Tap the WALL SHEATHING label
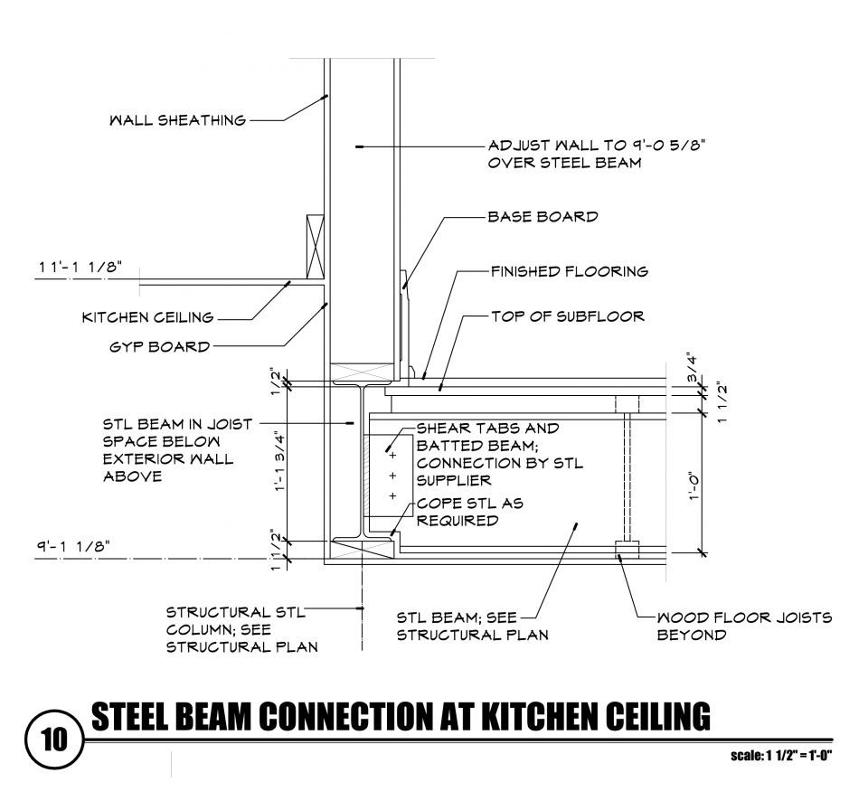tap(177, 120)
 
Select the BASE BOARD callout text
tap(542, 217)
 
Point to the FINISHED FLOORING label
tap(569, 270)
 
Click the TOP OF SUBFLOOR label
tap(567, 316)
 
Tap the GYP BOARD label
tap(159, 346)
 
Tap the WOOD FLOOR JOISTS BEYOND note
tap(744, 626)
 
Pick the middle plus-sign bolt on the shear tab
tap(392, 475)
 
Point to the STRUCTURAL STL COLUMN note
tap(234, 629)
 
